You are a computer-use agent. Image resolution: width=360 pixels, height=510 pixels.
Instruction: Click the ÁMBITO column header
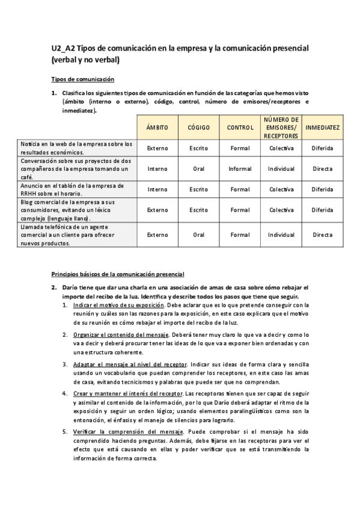click(157, 127)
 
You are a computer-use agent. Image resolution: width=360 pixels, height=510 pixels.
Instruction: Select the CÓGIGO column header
click(198, 127)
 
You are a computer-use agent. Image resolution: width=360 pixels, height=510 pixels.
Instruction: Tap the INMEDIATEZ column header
click(322, 127)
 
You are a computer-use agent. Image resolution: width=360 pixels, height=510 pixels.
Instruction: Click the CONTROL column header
click(240, 127)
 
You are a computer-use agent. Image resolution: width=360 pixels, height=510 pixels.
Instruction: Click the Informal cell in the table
click(240, 169)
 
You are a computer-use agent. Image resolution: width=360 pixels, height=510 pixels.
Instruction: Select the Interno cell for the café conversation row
click(157, 169)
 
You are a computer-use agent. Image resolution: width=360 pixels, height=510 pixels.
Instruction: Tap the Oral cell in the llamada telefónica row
click(198, 235)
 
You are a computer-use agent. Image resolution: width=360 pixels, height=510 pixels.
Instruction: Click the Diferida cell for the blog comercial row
click(322, 210)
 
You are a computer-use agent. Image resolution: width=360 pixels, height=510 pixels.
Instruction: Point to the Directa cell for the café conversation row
click(322, 169)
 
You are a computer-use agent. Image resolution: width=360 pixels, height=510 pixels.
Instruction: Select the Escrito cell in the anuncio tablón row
click(198, 189)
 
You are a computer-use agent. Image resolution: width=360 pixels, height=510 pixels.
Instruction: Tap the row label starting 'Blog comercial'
click(67, 210)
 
